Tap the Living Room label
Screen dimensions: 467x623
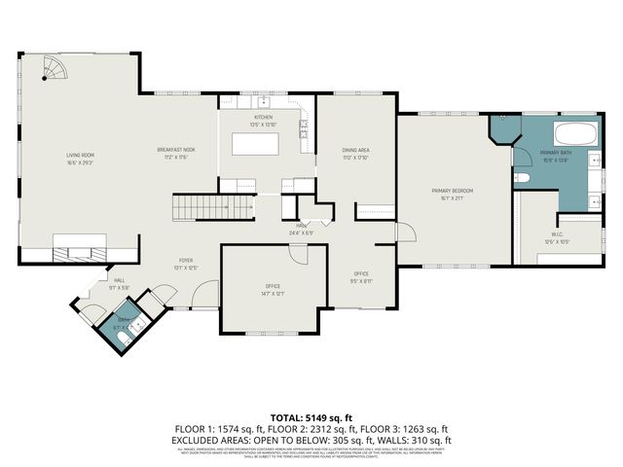[80, 157]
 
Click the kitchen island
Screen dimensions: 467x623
[254, 144]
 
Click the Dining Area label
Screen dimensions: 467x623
[354, 152]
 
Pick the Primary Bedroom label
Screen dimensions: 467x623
[453, 193]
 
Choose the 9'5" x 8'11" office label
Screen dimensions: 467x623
[360, 276]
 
